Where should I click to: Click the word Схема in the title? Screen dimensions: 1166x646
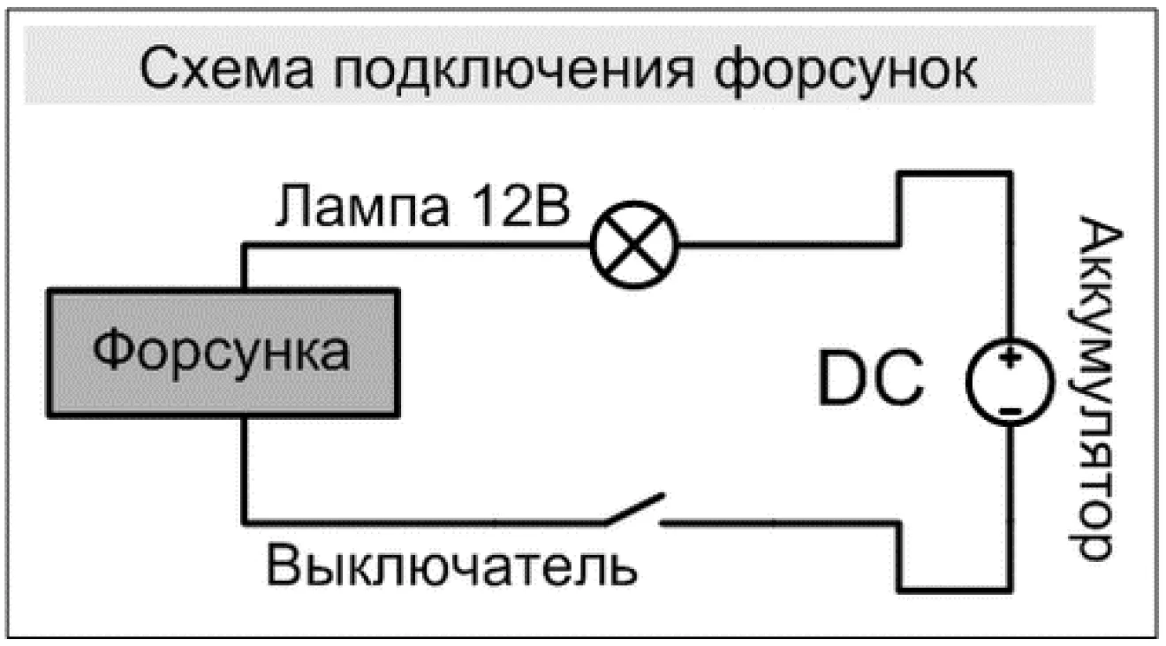click(227, 69)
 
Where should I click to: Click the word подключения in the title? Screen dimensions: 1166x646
click(514, 71)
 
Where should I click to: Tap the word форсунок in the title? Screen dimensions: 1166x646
click(845, 72)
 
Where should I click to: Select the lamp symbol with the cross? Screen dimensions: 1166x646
click(634, 244)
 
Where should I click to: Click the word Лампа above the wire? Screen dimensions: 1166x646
click(362, 205)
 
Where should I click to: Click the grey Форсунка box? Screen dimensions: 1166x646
click(223, 353)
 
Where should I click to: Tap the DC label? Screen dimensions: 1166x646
click(870, 377)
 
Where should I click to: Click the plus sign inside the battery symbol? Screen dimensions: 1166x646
click(1010, 359)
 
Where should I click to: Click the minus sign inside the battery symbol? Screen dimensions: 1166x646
click(1011, 411)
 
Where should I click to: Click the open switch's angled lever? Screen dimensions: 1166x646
click(635, 508)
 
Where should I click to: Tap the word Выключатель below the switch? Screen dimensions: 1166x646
click(451, 566)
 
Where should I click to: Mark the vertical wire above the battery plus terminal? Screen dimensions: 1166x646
click(1010, 255)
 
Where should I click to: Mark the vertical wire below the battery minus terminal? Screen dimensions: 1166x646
click(1010, 508)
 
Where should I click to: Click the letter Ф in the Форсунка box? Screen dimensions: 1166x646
click(112, 348)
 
